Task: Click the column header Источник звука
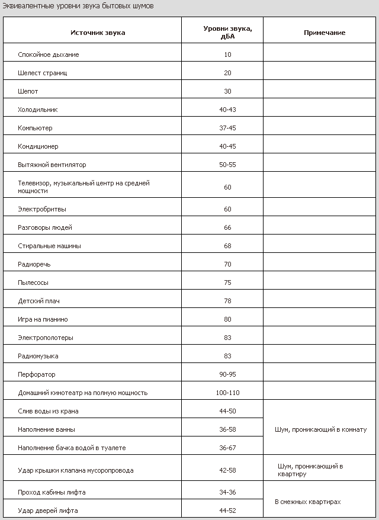[x=98, y=33]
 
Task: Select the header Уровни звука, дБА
[x=227, y=33]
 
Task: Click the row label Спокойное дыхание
[x=49, y=54]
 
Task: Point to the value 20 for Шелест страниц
[x=227, y=73]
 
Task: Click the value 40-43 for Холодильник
[x=227, y=110]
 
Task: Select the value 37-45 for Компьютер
[x=227, y=128]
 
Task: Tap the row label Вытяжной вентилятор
[x=52, y=165]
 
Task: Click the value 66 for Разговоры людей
[x=227, y=227]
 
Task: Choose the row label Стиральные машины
[x=50, y=246]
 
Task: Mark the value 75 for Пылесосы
[x=227, y=283]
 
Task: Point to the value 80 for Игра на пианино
[x=227, y=319]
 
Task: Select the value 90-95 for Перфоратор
[x=227, y=374]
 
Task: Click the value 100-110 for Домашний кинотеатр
[x=227, y=393]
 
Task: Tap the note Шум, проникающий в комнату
[x=321, y=429]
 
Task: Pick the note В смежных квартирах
[x=308, y=502]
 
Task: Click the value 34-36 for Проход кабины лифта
[x=227, y=492]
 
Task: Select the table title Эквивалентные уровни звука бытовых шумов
[x=78, y=5]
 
